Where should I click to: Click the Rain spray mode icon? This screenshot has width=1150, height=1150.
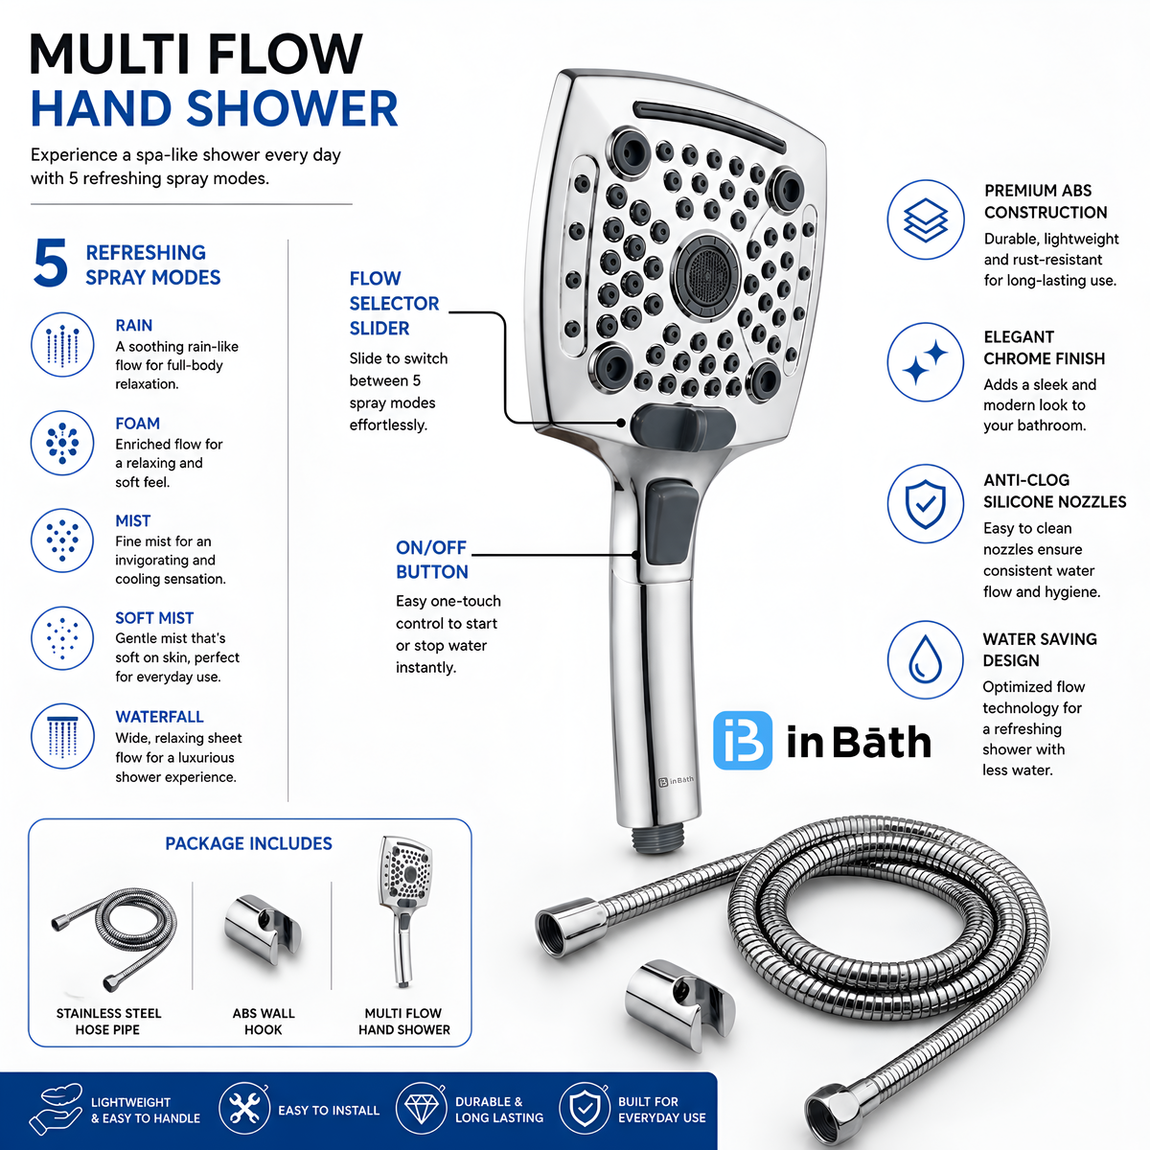[x=62, y=345]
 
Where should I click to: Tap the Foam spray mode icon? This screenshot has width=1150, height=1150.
[x=62, y=443]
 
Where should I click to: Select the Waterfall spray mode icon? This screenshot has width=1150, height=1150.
[x=62, y=736]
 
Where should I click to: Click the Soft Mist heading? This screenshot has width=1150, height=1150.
[x=154, y=618]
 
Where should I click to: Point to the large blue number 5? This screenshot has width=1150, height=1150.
[x=50, y=264]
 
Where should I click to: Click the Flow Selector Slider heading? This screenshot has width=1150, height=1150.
[x=394, y=303]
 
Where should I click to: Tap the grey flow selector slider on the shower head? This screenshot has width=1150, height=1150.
[x=682, y=427]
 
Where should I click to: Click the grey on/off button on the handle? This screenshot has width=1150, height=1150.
[x=672, y=523]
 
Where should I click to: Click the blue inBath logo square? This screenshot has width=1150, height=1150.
[x=743, y=740]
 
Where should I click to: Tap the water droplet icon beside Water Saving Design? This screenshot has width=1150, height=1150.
[x=925, y=659]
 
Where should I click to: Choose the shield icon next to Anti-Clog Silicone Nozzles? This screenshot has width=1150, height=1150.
[x=925, y=504]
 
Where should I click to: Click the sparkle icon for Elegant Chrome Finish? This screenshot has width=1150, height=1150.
[x=925, y=361]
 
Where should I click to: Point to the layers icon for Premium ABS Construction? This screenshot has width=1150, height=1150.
[x=925, y=219]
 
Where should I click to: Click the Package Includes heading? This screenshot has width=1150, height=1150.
[x=248, y=843]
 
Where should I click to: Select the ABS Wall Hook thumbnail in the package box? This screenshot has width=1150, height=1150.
[x=263, y=929]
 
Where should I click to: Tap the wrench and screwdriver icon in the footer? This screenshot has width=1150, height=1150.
[x=243, y=1110]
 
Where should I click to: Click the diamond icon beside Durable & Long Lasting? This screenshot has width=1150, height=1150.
[x=422, y=1110]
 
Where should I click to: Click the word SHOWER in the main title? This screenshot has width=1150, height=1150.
[x=293, y=108]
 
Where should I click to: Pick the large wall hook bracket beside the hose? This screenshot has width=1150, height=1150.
[x=679, y=1004]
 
